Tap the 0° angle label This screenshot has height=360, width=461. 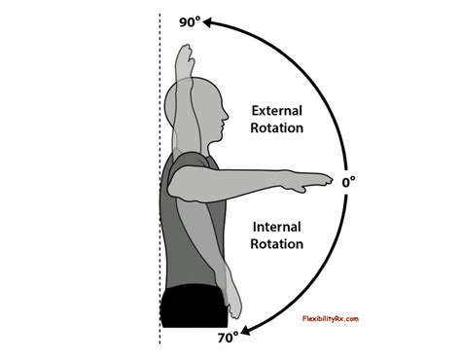tap(350, 181)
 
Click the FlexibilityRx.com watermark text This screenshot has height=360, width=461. tap(324, 318)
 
